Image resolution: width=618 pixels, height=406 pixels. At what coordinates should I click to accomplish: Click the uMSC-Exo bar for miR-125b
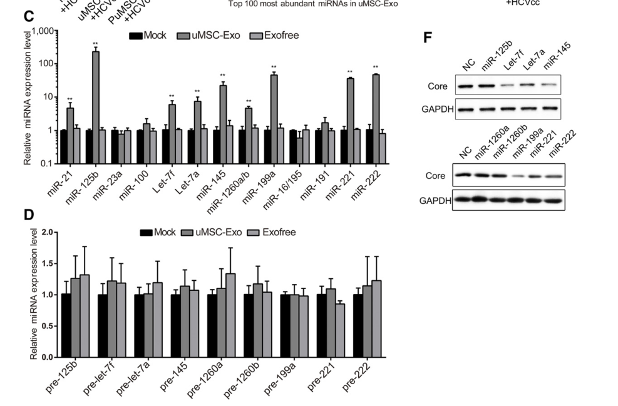(96, 107)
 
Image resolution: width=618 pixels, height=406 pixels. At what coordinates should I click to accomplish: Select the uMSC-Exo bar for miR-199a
(274, 119)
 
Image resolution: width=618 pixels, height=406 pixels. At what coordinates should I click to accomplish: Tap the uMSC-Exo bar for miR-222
(376, 119)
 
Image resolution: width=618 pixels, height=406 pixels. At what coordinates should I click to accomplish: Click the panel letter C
(28, 17)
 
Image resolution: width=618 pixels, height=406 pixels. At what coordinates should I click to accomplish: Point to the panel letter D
(28, 215)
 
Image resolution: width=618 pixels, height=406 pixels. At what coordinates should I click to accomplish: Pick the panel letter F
(428, 38)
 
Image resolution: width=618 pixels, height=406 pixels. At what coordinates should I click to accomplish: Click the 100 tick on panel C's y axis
(45, 63)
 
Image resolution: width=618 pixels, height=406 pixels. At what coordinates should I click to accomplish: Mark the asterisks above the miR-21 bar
(70, 99)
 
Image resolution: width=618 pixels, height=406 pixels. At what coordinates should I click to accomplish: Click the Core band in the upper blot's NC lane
(464, 85)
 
